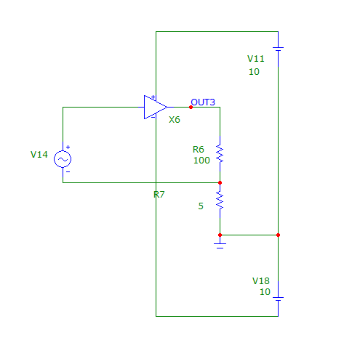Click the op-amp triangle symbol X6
tap(156, 107)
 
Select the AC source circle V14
tap(63, 159)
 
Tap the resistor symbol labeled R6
tap(220, 153)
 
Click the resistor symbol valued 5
tap(220, 201)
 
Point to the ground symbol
tap(220, 245)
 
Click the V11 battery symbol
tap(278, 49)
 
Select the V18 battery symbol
tap(278, 299)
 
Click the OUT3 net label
tap(203, 102)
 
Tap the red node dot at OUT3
tap(191, 107)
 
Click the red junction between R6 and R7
tap(220, 182)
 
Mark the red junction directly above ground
tap(220, 235)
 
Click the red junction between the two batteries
tap(278, 235)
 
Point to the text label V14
tap(39, 155)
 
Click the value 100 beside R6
tap(201, 161)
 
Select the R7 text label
tap(159, 195)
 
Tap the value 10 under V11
tap(254, 72)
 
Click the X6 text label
tap(175, 120)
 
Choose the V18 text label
tap(261, 281)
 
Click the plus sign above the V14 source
tap(68, 147)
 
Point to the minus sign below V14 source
tap(68, 171)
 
